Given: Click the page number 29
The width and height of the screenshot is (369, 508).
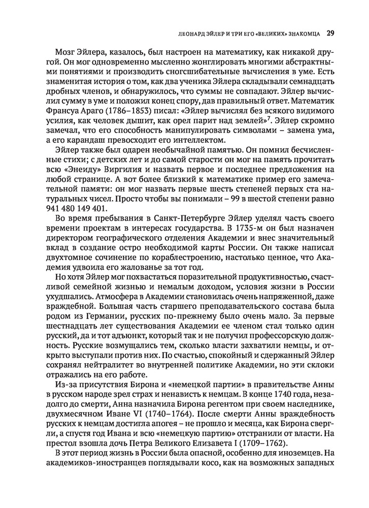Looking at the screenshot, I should tap(329, 34).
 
